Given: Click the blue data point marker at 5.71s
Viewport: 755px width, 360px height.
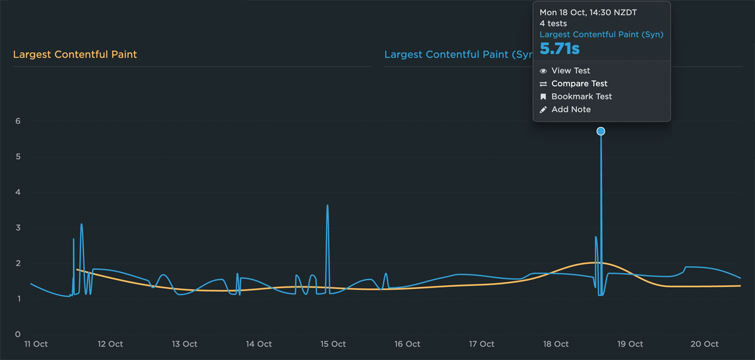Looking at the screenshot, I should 601,131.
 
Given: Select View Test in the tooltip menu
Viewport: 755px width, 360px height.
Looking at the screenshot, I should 571,70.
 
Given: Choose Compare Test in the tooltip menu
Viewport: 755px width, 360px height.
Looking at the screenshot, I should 579,84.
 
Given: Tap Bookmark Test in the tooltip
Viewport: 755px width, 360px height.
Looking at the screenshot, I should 581,96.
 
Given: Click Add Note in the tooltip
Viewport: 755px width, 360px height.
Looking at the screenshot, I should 571,110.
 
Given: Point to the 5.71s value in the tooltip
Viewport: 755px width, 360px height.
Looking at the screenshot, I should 559,49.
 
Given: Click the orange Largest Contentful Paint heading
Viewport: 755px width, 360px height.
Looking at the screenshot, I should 75,54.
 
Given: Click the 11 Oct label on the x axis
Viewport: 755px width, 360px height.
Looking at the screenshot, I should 36,344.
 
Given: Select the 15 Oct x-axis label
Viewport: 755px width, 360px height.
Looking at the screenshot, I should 333,344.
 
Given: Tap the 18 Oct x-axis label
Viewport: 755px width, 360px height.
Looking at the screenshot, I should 556,344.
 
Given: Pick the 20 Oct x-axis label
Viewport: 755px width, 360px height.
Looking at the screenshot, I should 704,344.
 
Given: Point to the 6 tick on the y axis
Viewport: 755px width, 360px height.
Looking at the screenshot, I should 18,121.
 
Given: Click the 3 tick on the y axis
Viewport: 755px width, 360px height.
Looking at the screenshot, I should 18,228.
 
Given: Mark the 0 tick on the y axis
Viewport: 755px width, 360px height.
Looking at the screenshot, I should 18,334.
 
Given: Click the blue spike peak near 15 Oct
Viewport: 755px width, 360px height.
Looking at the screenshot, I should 328,205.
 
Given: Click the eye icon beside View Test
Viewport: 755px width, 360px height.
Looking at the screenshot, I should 544,71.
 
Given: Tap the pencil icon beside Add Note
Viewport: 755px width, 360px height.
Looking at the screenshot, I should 544,110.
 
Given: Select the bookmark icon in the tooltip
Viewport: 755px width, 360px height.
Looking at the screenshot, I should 544,97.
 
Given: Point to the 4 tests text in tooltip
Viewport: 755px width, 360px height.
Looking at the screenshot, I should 553,24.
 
